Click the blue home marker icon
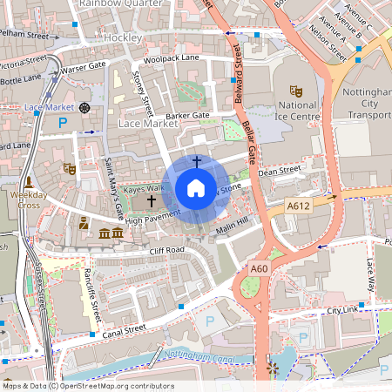[196, 188]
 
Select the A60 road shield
[259, 269]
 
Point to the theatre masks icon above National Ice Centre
[296, 90]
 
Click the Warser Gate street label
[84, 66]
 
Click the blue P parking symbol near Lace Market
[62, 125]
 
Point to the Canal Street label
[121, 329]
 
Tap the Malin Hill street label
[233, 225]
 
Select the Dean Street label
[280, 170]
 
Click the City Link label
[342, 310]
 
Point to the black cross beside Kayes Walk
[152, 200]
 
